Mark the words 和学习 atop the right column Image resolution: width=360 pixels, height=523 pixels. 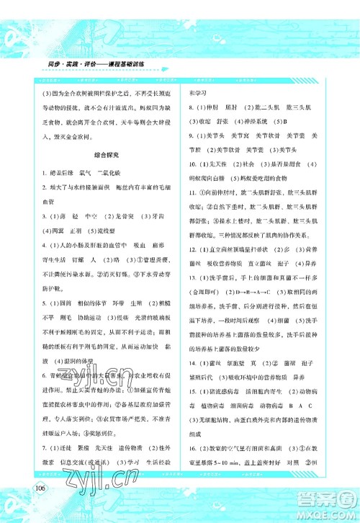click(198, 92)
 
